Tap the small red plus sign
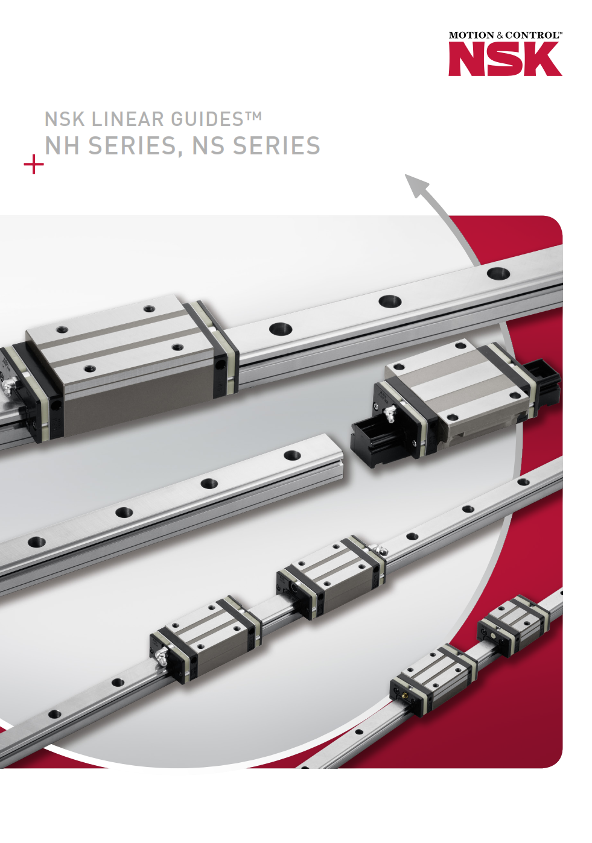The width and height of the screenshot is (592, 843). tap(34, 164)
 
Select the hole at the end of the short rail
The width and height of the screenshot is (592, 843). tap(292, 455)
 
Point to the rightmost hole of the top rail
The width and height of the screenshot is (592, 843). tap(498, 273)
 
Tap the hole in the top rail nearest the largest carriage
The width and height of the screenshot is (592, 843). tap(281, 329)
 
